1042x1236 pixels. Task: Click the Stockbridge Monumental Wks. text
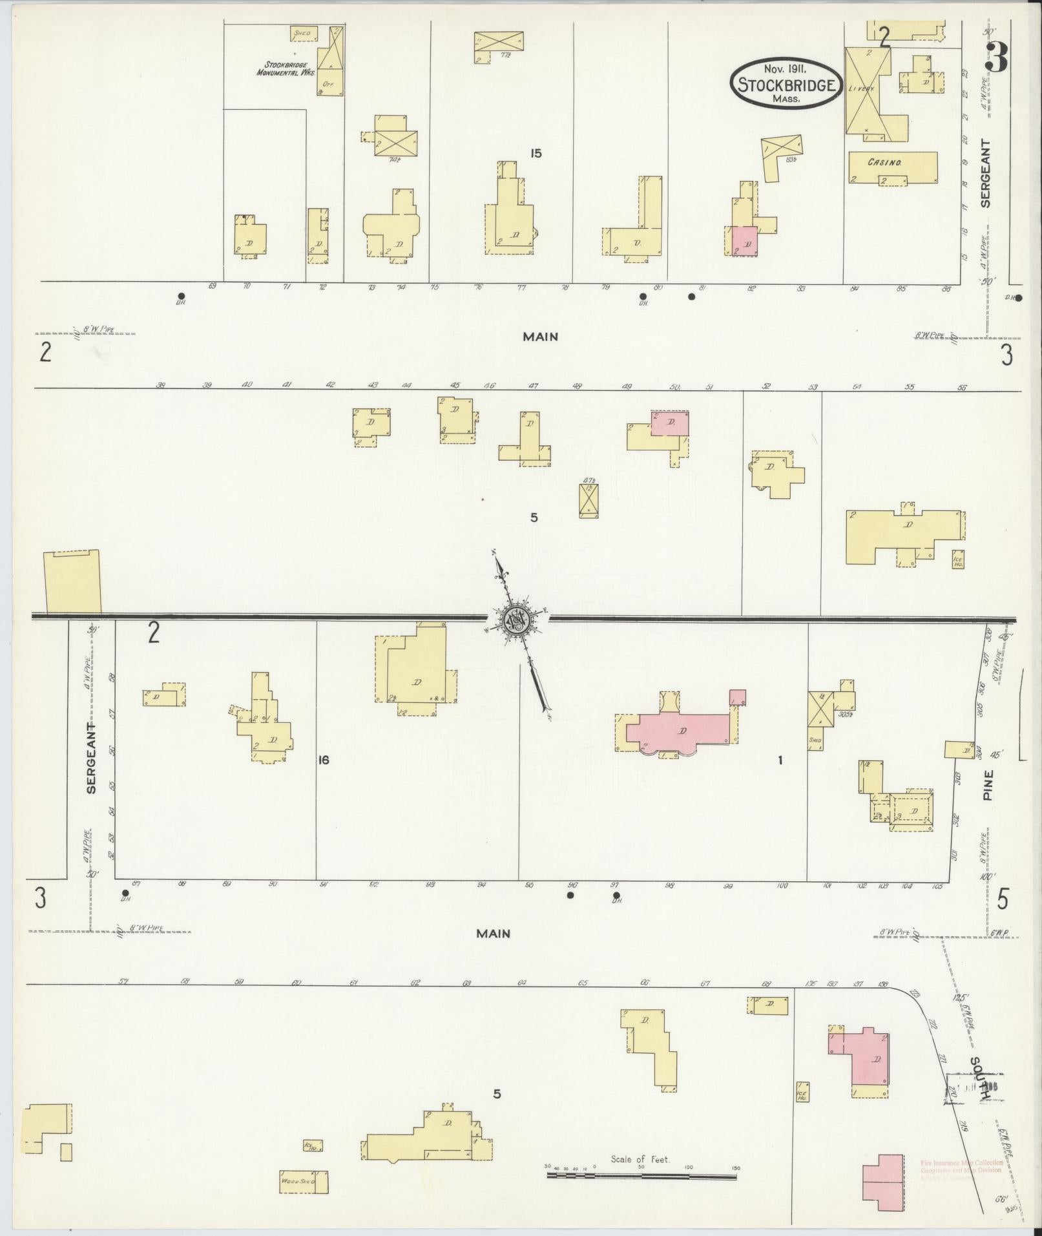(286, 68)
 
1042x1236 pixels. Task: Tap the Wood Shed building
(303, 1182)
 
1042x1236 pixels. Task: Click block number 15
(535, 154)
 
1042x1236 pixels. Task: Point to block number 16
(323, 760)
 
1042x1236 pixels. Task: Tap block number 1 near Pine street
(780, 760)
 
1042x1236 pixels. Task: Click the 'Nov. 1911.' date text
(787, 67)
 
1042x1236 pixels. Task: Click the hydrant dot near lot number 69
(182, 296)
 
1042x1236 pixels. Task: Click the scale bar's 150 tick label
(735, 1168)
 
